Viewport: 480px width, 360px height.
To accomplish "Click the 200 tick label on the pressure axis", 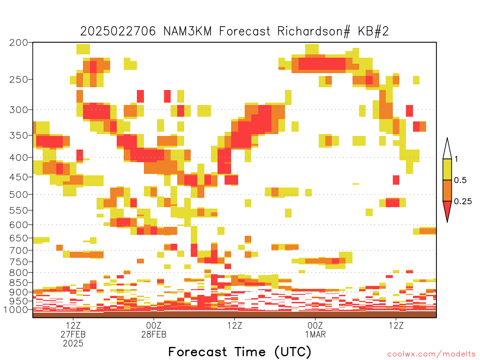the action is point(19,43).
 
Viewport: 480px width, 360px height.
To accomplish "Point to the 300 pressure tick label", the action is point(19,110).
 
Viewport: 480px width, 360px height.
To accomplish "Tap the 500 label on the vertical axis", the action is point(19,195).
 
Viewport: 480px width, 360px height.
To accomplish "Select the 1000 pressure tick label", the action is point(16,309).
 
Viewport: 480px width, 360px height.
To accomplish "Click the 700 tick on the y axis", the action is point(19,250).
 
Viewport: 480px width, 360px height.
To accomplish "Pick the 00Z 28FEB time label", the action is point(154,330).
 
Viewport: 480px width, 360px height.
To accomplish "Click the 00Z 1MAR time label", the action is point(315,330).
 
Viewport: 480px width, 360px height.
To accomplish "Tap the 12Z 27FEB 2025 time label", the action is point(73,334).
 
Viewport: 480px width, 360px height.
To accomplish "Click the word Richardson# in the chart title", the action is point(314,31).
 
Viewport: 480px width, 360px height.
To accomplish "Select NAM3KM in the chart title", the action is point(187,31).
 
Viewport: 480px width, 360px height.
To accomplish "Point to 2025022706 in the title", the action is point(118,31).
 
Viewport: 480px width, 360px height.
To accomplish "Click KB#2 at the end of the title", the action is point(373,31).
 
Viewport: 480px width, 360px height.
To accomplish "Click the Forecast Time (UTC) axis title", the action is point(240,352).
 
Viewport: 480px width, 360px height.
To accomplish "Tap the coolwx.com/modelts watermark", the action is point(431,354).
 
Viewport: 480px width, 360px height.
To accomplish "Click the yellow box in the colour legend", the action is point(447,169).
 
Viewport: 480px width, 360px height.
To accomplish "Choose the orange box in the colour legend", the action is point(447,190).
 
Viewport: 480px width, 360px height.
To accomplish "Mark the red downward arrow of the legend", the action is point(447,210).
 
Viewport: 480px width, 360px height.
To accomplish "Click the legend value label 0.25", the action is point(463,202).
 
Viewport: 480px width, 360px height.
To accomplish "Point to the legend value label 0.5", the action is point(460,180).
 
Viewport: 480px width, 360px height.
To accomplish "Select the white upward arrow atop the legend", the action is point(447,150).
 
